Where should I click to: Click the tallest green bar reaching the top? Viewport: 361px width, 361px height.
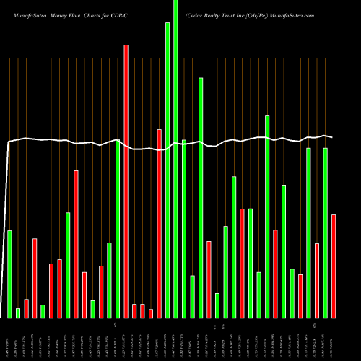tap(175, 159)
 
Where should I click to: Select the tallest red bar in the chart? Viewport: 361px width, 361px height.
tap(126, 180)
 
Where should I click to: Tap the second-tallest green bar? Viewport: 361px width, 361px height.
tap(168, 170)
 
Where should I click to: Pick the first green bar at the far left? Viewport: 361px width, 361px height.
tap(9, 274)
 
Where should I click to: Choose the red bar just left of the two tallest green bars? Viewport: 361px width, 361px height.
tap(159, 223)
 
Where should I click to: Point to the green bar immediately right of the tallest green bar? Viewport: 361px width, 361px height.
tap(184, 228)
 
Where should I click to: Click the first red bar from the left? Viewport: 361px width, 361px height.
tap(26, 308)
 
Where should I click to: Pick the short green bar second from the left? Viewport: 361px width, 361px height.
tap(18, 313)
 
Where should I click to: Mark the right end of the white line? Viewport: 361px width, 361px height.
tap(333, 136)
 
